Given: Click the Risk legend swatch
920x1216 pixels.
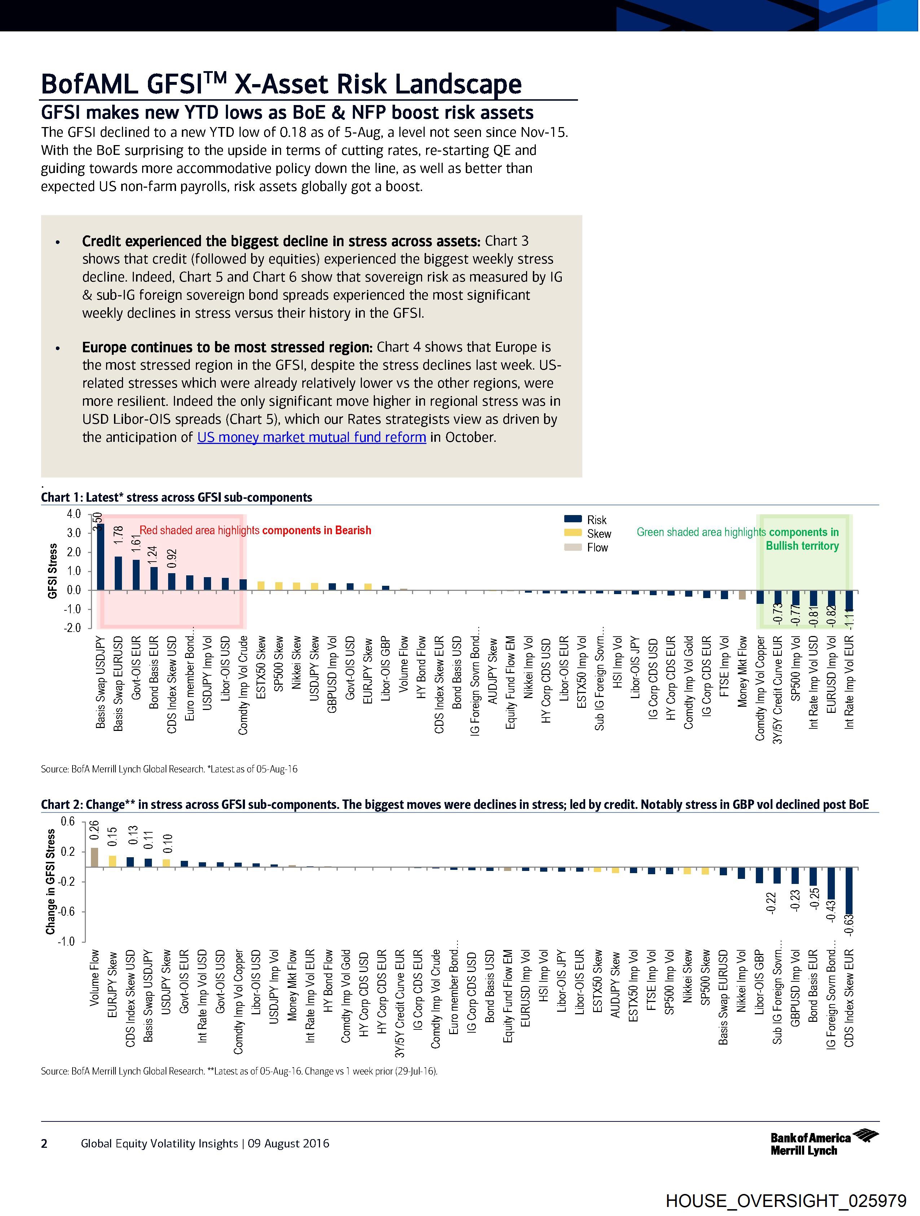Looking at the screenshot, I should pyautogui.click(x=573, y=519).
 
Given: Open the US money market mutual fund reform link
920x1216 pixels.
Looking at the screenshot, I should pyautogui.click(x=312, y=437).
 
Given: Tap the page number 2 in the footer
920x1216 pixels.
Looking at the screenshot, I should pyautogui.click(x=44, y=1144).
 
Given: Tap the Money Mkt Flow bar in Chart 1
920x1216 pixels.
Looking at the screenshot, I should pyautogui.click(x=742, y=595).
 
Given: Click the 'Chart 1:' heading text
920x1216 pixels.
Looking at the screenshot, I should pyautogui.click(x=62, y=497).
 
